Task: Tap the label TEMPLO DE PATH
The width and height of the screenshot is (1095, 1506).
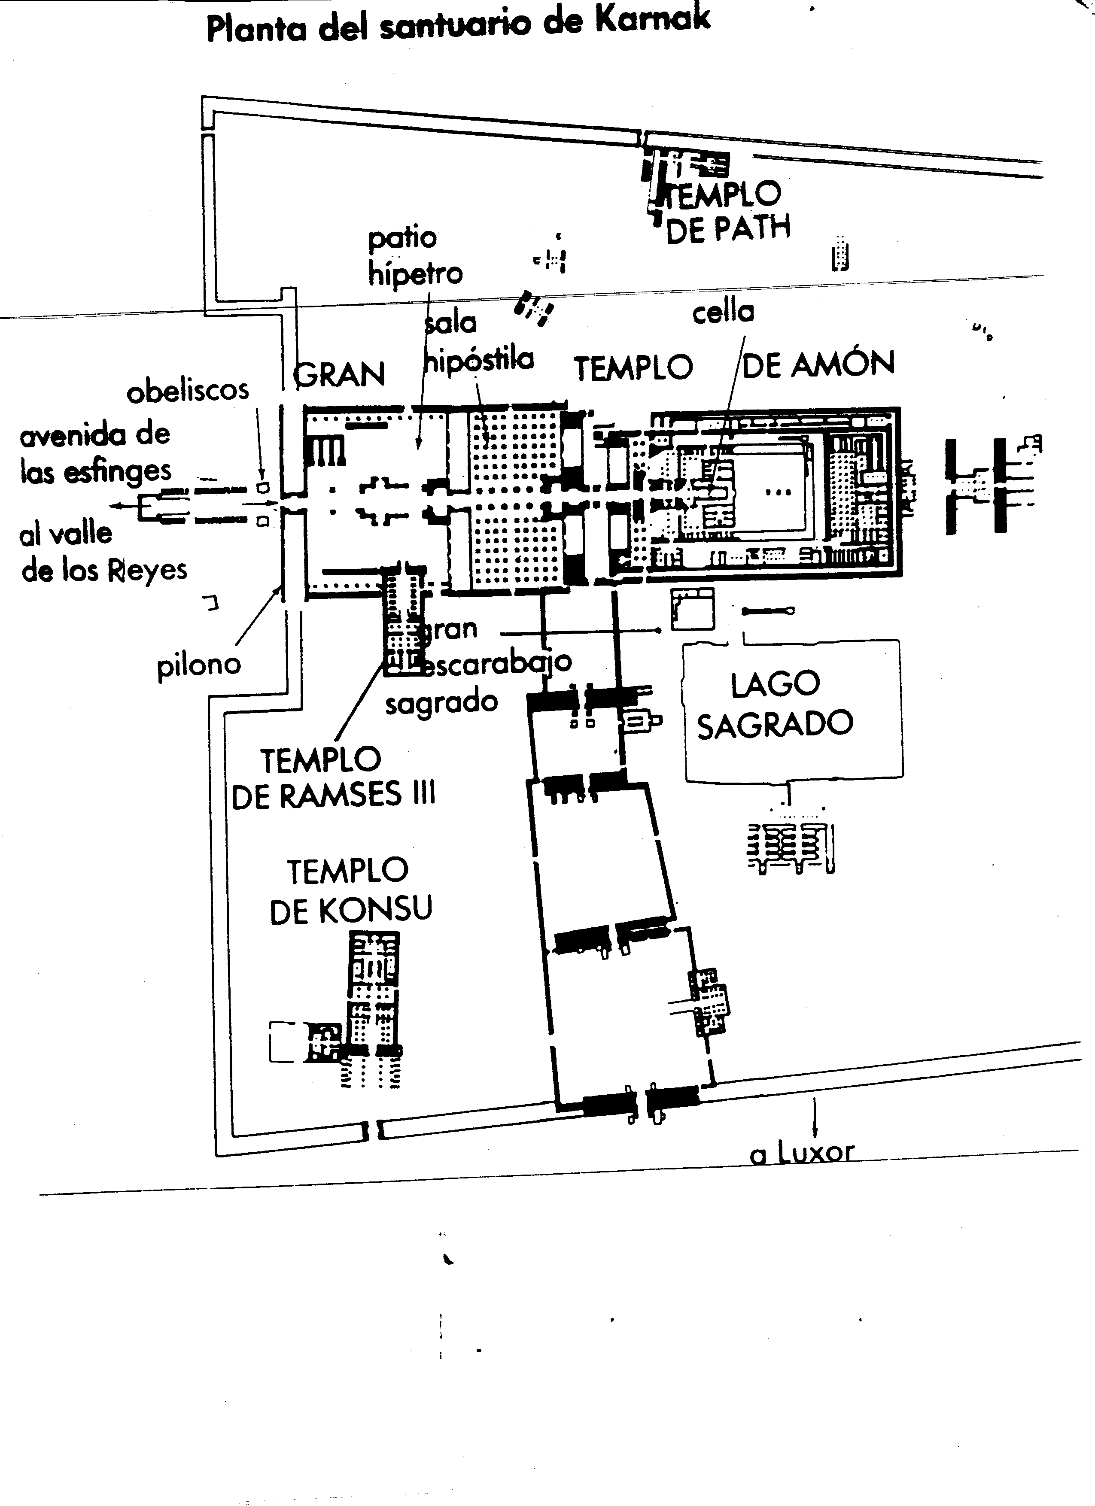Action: pyautogui.click(x=727, y=212)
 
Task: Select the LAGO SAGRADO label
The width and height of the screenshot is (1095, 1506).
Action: pyautogui.click(x=775, y=704)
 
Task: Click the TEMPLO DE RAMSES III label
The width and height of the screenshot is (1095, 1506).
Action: pyautogui.click(x=333, y=777)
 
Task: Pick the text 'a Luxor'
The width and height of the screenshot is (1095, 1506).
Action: pyautogui.click(x=801, y=1154)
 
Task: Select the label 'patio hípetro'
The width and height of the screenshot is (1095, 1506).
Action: pyautogui.click(x=414, y=255)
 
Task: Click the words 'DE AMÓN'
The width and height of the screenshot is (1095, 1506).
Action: pyautogui.click(x=818, y=364)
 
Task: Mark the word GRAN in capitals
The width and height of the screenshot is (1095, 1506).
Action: pyautogui.click(x=339, y=374)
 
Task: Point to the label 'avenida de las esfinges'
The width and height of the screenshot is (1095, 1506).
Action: pyautogui.click(x=95, y=453)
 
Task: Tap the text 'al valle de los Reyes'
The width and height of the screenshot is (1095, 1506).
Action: pyautogui.click(x=103, y=551)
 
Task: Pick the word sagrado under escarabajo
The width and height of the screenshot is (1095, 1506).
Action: pyautogui.click(x=441, y=702)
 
